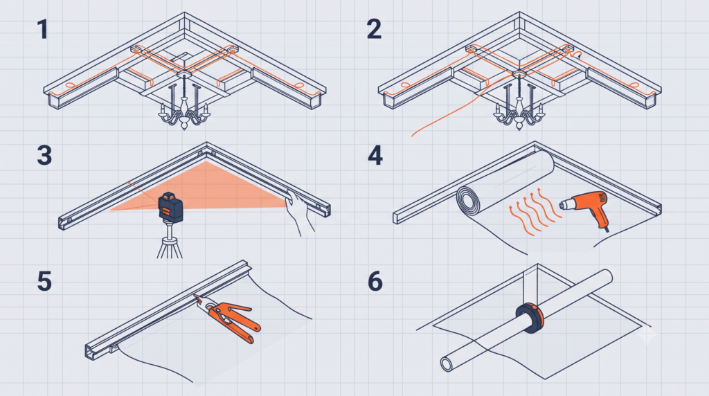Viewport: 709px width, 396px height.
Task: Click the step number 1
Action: point(43,29)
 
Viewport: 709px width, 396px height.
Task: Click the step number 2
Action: point(374,29)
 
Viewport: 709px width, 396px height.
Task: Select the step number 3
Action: point(44,155)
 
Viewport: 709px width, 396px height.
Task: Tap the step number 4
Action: point(375,155)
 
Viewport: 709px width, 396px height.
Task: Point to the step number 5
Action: point(44,281)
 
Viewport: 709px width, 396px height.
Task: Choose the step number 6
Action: point(375,281)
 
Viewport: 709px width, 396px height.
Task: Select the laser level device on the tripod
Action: point(170,207)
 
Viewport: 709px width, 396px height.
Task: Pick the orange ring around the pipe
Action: point(530,318)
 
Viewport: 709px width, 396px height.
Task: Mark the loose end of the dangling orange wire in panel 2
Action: point(412,136)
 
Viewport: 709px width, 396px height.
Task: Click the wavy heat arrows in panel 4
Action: point(534,213)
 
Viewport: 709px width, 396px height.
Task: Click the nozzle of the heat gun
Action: point(565,205)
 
